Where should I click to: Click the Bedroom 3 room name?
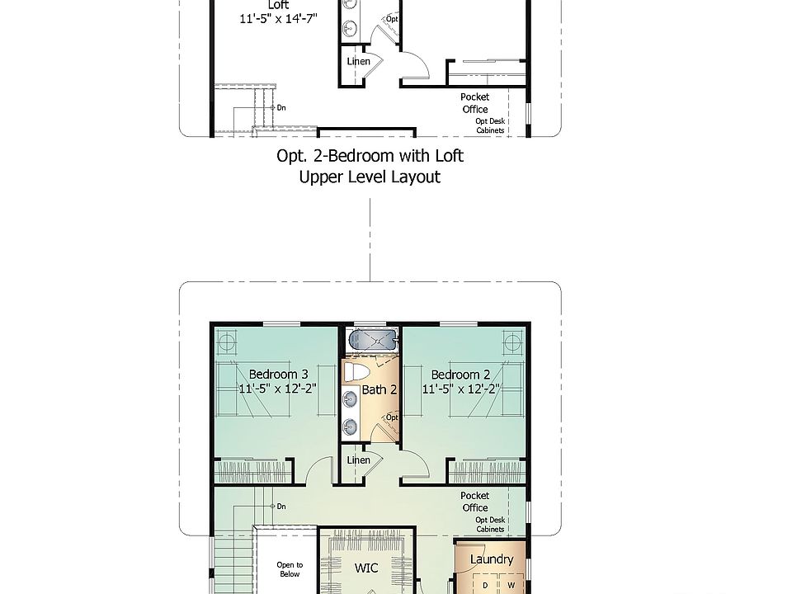(x=278, y=375)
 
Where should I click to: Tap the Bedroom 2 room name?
(x=460, y=375)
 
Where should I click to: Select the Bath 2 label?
(x=379, y=389)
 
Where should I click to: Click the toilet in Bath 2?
(x=356, y=372)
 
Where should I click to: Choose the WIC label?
(x=366, y=568)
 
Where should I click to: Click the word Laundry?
(x=492, y=559)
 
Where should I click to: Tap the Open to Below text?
(x=290, y=569)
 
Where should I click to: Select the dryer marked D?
(x=485, y=585)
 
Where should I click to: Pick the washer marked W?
(x=511, y=585)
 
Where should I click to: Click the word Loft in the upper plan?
(x=278, y=5)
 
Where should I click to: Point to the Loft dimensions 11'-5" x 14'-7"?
(x=278, y=19)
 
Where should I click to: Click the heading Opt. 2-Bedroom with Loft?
(x=370, y=156)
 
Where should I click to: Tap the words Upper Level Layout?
(x=370, y=177)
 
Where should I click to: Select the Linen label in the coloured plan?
(x=359, y=460)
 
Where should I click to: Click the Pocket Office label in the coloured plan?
(x=475, y=502)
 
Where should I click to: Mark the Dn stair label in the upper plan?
(x=281, y=107)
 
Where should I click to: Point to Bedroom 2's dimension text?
(x=461, y=389)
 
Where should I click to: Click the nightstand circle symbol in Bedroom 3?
(x=226, y=342)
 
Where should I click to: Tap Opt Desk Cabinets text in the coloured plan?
(x=490, y=525)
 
